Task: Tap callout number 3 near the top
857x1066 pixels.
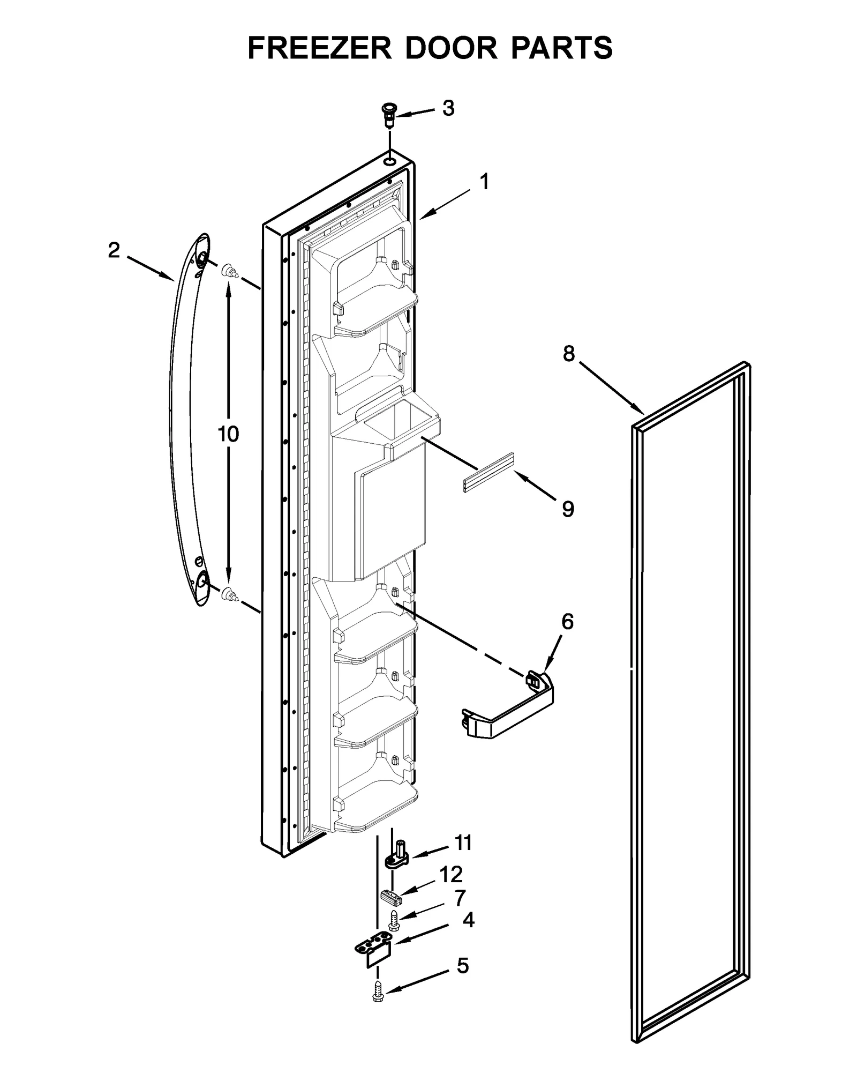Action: [x=448, y=108]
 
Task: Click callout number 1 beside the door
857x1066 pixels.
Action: [x=484, y=182]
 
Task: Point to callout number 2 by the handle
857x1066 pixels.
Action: [x=114, y=250]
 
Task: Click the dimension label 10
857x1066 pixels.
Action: [x=228, y=434]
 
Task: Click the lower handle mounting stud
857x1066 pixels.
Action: [x=229, y=594]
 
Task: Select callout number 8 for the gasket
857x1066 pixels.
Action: [x=568, y=354]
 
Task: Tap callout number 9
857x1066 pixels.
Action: [x=568, y=509]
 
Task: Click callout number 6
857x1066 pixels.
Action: [x=567, y=622]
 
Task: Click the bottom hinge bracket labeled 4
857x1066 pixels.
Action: [x=374, y=950]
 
